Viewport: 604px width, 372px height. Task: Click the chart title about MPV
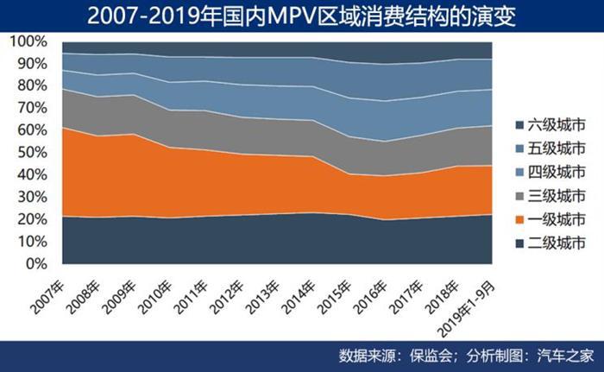pyautogui.click(x=302, y=16)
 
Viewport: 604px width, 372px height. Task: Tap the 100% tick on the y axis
pyautogui.click(x=23, y=41)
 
